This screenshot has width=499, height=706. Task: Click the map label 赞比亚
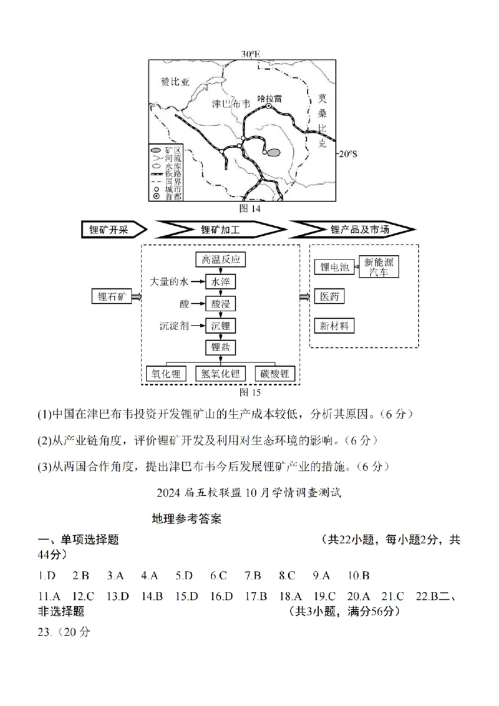coord(175,82)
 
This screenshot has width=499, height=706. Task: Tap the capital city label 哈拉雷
coord(269,99)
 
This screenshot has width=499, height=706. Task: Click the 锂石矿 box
coord(112,296)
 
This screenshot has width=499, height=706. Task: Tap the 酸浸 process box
coord(221,304)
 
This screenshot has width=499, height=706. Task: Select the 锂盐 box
coord(221,347)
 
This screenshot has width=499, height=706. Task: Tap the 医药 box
coord(329,296)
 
